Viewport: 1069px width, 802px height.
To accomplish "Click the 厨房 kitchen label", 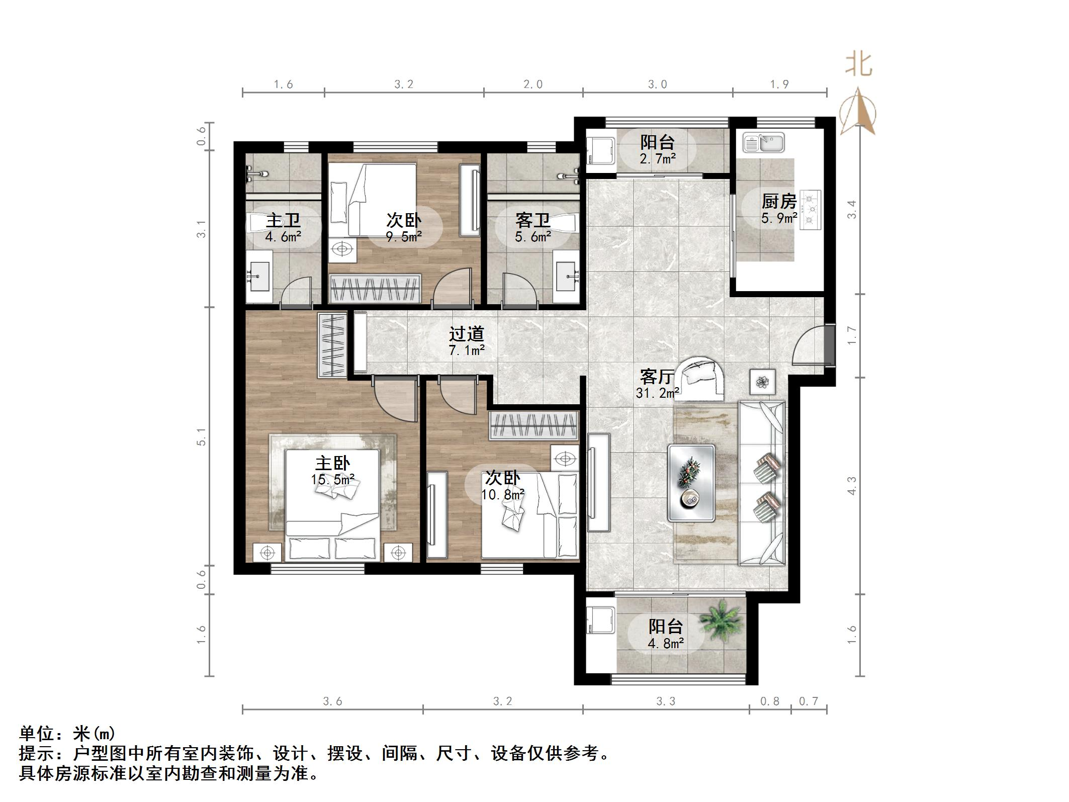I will tap(778, 202).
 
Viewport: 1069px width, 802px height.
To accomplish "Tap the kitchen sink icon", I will tap(763, 142).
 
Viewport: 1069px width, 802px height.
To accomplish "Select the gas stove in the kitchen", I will tap(810, 210).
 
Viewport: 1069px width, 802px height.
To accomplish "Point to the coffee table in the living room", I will tap(691, 483).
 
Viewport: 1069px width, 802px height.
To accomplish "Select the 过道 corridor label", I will tap(467, 333).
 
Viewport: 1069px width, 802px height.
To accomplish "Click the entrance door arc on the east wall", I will tap(810, 347).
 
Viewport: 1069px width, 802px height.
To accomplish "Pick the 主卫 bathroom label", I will tap(284, 220).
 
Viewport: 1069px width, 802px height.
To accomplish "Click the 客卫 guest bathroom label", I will tap(533, 220).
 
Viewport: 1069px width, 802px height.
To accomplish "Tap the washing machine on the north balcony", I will tap(601, 149).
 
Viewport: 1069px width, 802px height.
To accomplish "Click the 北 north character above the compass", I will tap(859, 65).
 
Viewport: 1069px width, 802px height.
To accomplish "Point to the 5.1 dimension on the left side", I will tap(202, 436).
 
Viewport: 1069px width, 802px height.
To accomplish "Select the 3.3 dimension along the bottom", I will tap(666, 701).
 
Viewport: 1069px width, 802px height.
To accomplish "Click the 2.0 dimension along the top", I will tap(533, 84).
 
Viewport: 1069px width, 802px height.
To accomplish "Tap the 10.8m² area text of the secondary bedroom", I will tap(503, 495).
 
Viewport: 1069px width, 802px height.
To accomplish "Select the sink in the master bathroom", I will tap(259, 276).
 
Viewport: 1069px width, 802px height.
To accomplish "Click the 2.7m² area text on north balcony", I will tap(658, 159).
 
